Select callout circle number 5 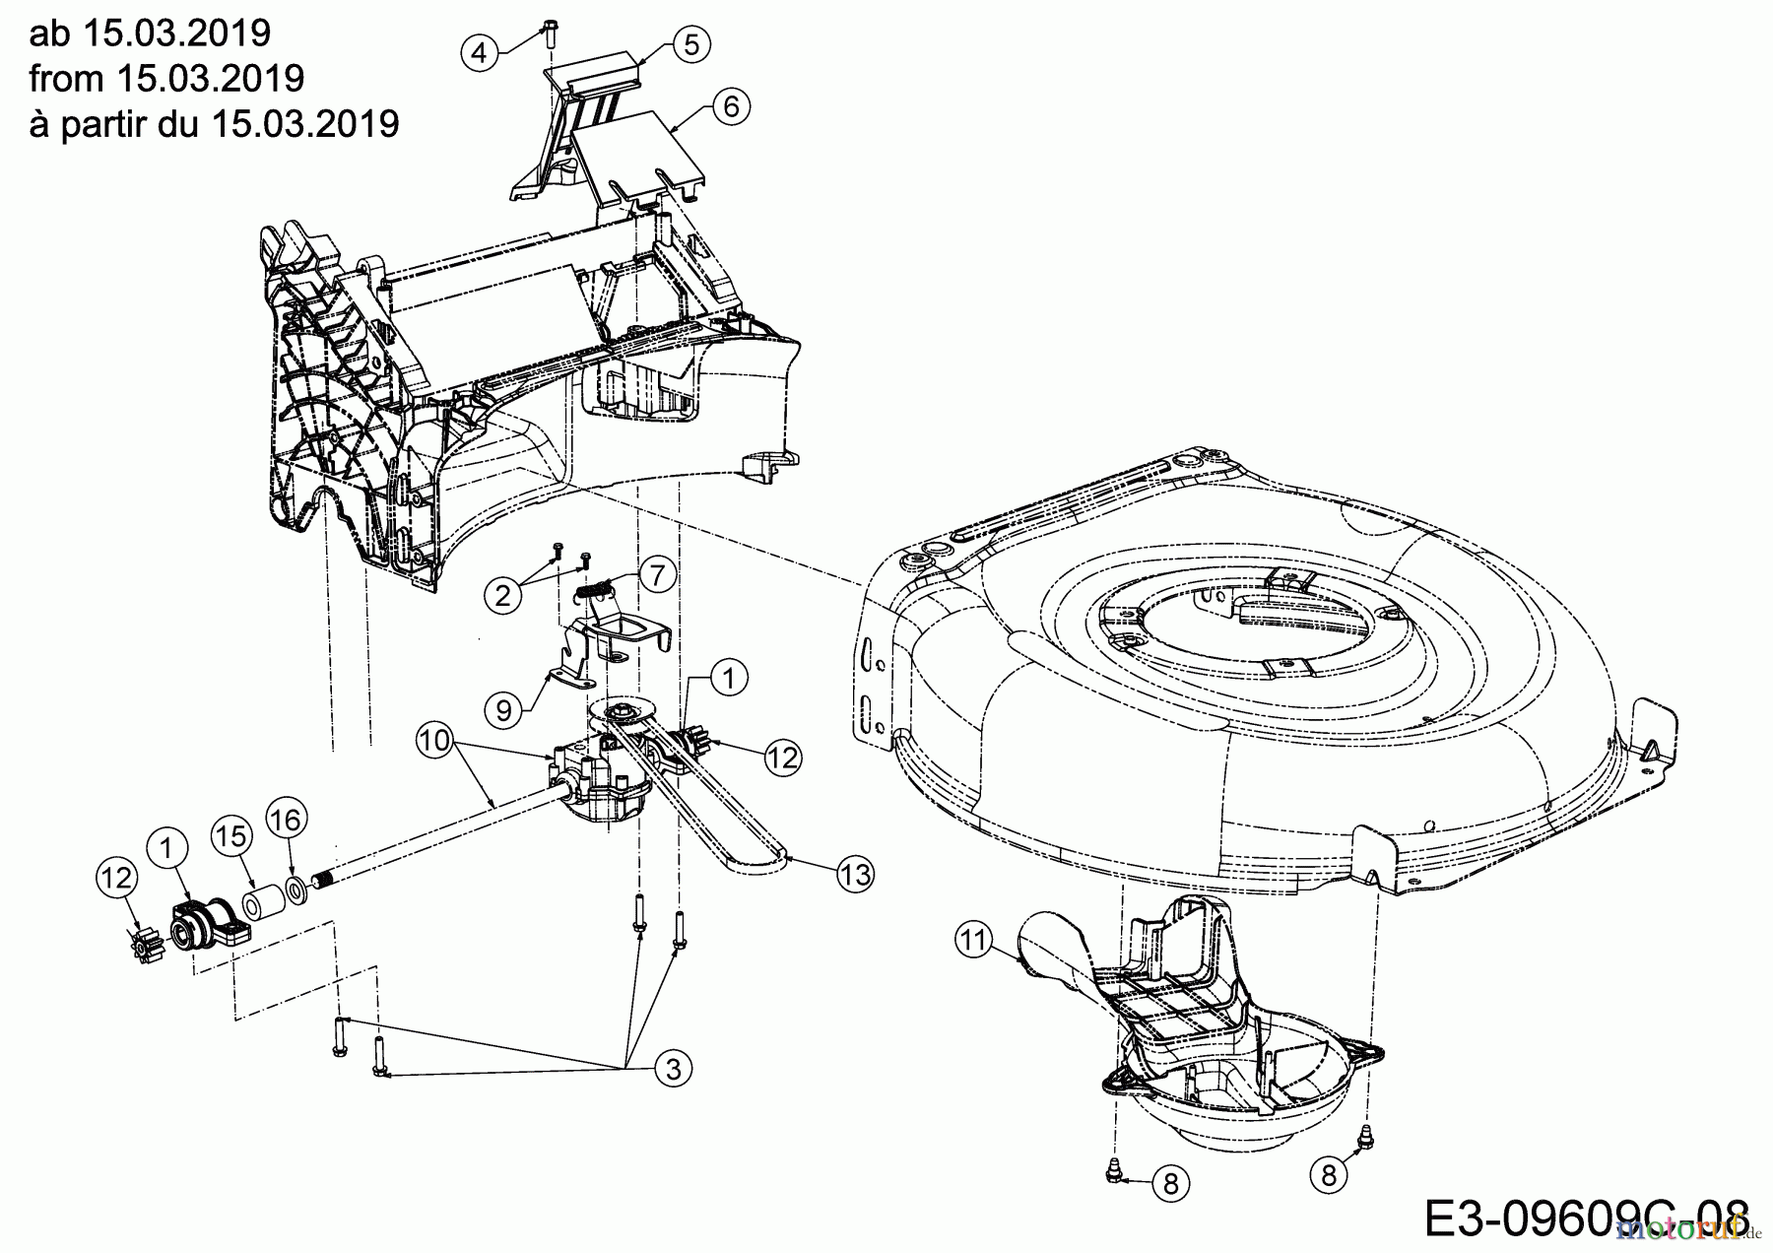[691, 44]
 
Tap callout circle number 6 [730, 106]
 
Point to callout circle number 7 [657, 572]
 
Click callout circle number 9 [503, 709]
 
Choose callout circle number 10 [435, 739]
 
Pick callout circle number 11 [973, 942]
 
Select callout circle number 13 [856, 875]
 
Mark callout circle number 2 [502, 595]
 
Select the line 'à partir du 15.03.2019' [214, 124]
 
